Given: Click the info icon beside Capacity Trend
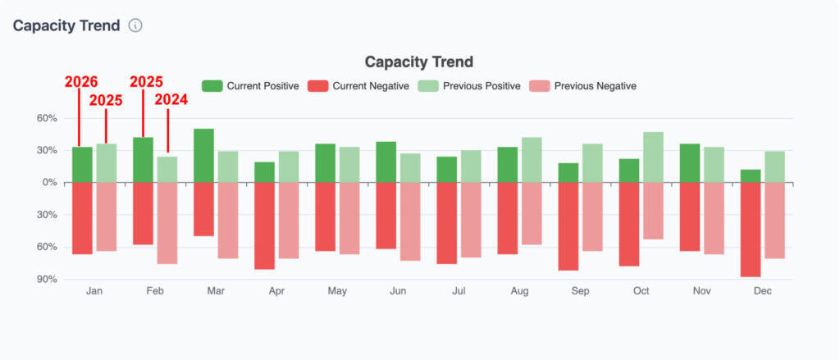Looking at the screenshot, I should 135,25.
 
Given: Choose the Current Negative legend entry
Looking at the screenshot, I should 358,86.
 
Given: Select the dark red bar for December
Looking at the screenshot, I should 751,230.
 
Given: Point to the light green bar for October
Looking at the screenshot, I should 653,157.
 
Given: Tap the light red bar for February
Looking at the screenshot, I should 167,223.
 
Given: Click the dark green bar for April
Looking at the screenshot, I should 264,172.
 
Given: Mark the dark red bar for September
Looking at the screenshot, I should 568,226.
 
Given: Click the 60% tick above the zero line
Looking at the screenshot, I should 46,119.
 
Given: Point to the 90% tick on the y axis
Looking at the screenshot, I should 46,280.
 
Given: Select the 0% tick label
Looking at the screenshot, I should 49,183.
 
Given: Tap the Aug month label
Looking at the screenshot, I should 519,291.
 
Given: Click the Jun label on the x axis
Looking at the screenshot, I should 398,291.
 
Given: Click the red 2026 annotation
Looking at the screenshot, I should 81,82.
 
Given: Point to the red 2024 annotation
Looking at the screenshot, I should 171,100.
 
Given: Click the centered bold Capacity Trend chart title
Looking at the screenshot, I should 419,62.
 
